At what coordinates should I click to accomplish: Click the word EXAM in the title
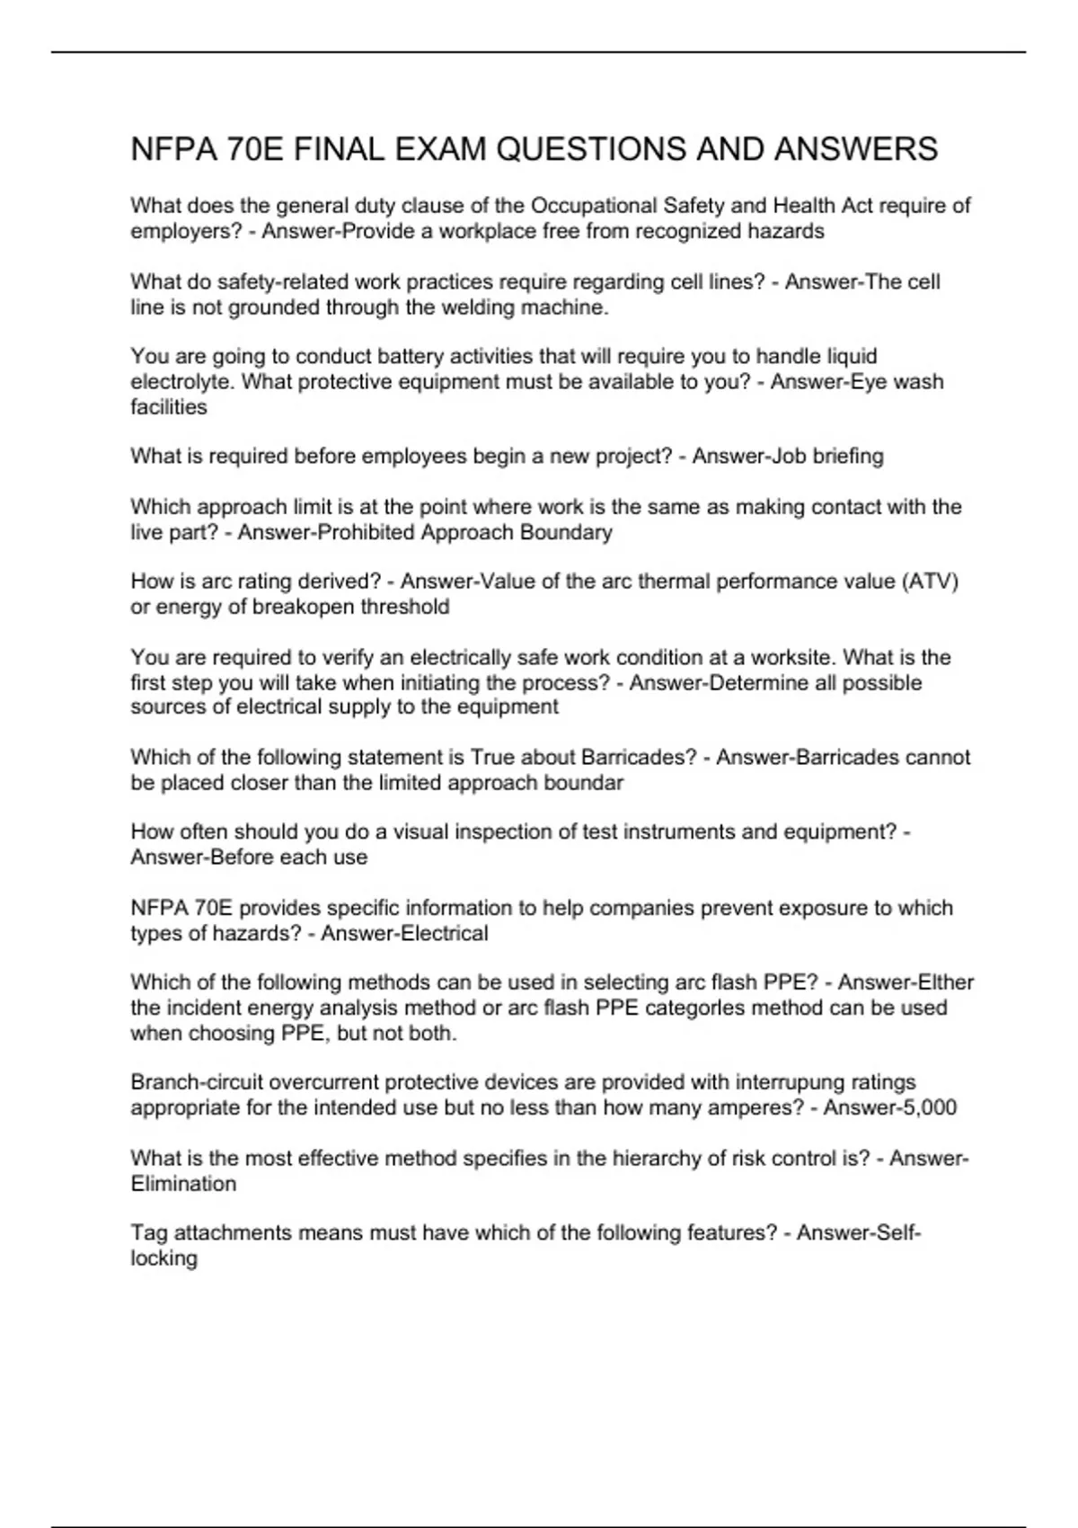[x=442, y=149]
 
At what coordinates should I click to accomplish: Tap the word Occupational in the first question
[x=594, y=206]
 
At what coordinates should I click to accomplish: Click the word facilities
[x=169, y=407]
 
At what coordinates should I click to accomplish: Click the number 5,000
[x=927, y=1107]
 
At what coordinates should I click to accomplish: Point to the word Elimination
[x=183, y=1184]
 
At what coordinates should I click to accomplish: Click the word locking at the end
[x=164, y=1258]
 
